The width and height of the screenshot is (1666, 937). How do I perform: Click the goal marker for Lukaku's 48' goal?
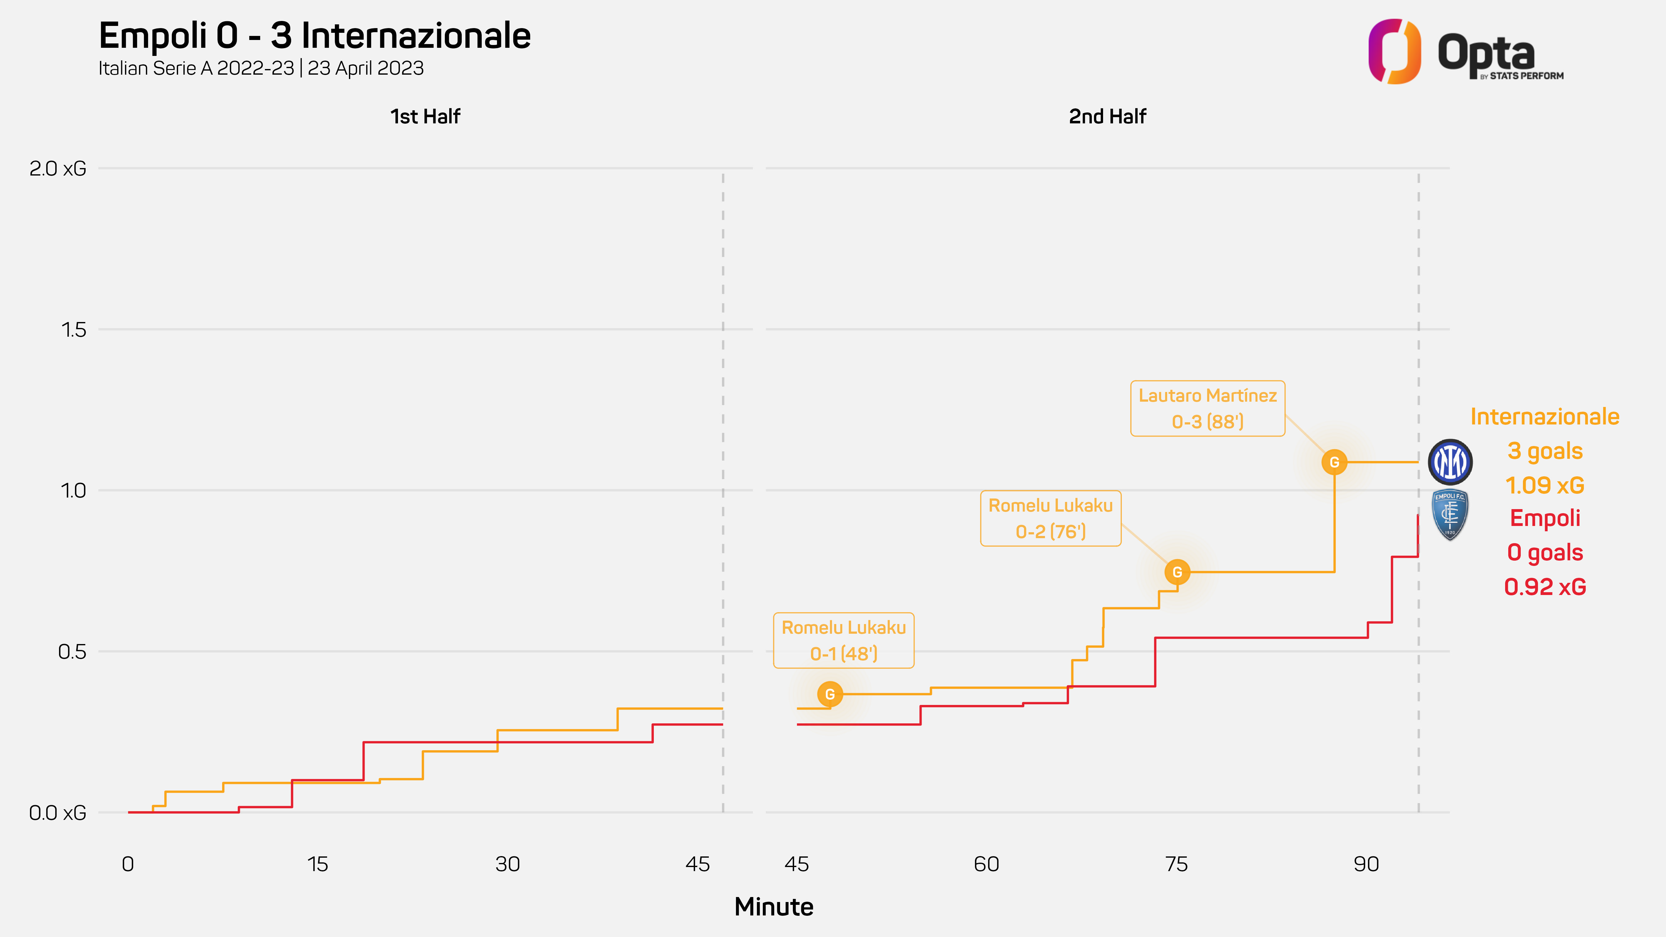830,694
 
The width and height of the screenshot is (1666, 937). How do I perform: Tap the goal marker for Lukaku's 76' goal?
1177,572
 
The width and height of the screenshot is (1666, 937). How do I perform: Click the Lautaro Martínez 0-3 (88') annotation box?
1207,408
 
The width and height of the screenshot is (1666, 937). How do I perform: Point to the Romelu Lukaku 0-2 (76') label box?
1050,518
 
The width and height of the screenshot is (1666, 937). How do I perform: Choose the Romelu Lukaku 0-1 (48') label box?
843,640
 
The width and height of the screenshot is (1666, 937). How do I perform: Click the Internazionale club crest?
1450,462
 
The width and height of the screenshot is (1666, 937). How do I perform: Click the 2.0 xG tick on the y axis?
57,169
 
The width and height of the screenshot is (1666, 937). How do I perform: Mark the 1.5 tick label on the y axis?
73,330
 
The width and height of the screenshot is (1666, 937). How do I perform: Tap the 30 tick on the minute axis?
508,864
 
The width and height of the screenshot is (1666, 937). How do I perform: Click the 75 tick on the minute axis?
1176,864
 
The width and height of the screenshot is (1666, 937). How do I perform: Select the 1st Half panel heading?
425,117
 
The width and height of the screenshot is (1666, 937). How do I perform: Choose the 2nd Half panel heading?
1107,117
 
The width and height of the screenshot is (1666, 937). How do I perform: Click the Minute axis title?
773,907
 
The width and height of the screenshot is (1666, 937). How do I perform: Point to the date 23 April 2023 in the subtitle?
366,68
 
